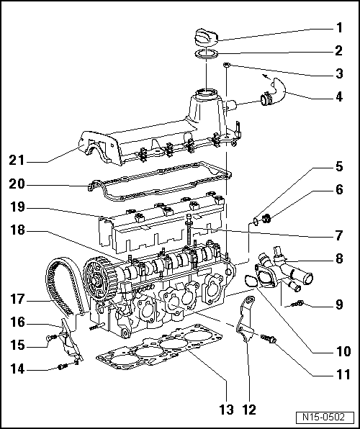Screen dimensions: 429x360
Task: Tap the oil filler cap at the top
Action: [x=206, y=36]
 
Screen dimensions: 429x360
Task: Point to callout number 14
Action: [x=17, y=369]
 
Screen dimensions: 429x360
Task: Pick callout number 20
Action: [x=17, y=184]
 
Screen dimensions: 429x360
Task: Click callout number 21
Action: [x=17, y=159]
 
